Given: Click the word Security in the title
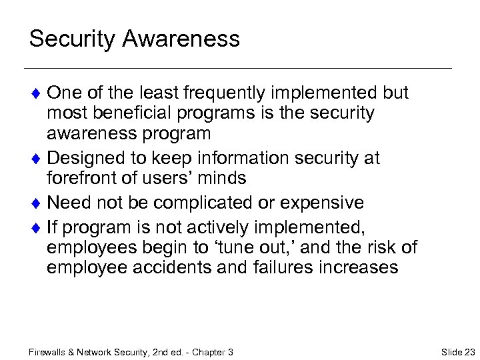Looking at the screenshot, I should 69,39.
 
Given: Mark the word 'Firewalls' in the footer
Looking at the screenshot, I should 49,352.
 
